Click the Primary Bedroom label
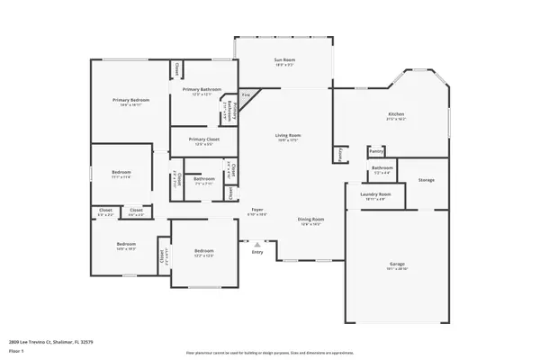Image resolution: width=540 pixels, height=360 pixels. coord(130,99)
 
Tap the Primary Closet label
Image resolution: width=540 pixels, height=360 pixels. coord(202,139)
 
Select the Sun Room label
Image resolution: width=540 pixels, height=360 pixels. coord(285,60)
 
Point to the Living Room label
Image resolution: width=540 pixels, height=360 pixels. coord(288,135)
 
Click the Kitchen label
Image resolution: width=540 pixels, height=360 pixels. coord(396,114)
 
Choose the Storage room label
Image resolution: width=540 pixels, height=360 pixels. coord(426,180)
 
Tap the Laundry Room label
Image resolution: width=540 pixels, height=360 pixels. coord(375,194)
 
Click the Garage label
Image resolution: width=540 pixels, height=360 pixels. coord(396,264)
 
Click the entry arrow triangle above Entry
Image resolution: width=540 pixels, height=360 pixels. coord(257,243)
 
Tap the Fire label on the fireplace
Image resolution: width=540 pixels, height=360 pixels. coord(246,95)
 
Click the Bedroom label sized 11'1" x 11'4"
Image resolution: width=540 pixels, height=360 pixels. coord(121,172)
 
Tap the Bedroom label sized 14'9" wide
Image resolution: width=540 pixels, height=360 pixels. coord(125,244)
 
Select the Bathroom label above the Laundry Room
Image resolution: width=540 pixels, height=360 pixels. coord(382,168)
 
